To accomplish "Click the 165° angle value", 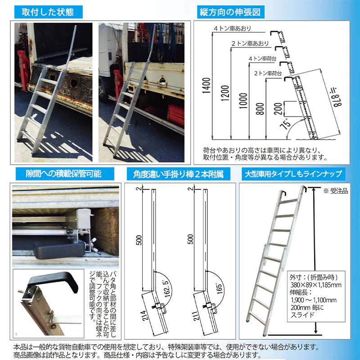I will click(x=219, y=287).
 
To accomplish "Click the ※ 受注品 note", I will click(x=335, y=192).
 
